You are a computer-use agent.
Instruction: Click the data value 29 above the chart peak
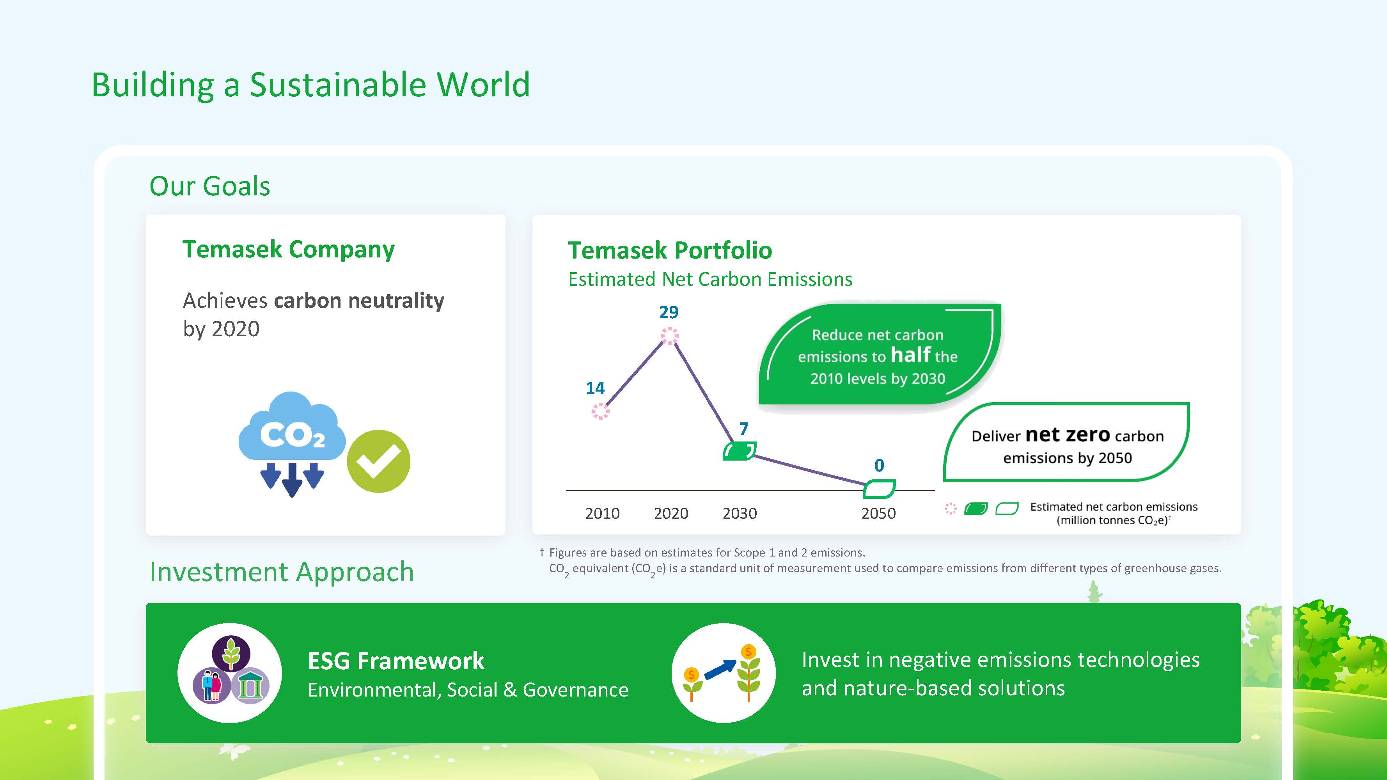pyautogui.click(x=669, y=312)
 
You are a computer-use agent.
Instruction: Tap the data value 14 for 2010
pyautogui.click(x=595, y=388)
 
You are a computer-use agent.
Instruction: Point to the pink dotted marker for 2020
pyautogui.click(x=670, y=336)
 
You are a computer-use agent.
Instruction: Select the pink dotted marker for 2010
pyautogui.click(x=600, y=412)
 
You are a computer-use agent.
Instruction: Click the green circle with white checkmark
pyautogui.click(x=378, y=461)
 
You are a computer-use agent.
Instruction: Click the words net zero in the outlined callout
pyautogui.click(x=1068, y=434)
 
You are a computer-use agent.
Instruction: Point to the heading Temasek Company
pyautogui.click(x=289, y=250)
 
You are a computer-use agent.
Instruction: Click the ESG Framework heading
pyautogui.click(x=396, y=661)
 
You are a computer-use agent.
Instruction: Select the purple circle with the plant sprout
pyautogui.click(x=231, y=654)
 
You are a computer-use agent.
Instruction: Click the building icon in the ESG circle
pyautogui.click(x=250, y=685)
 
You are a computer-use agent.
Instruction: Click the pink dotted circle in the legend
pyautogui.click(x=951, y=509)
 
